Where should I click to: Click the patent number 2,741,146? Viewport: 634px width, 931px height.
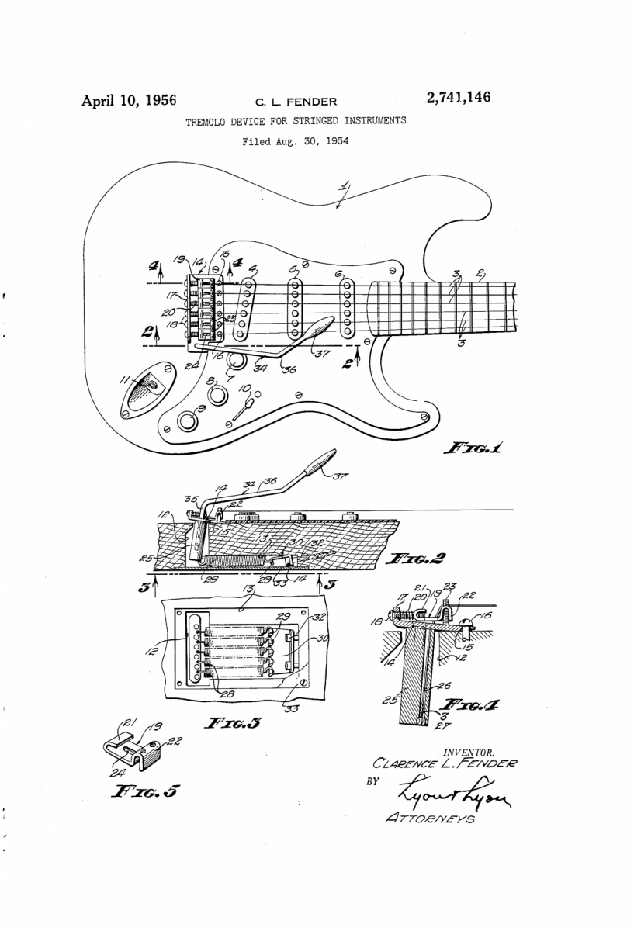(458, 98)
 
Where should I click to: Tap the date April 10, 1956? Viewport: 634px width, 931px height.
(130, 100)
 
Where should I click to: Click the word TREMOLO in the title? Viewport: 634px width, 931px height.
(208, 122)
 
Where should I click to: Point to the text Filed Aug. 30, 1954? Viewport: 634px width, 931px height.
(295, 142)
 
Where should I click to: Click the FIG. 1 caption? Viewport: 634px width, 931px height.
(473, 448)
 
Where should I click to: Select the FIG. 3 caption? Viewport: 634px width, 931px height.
(232, 724)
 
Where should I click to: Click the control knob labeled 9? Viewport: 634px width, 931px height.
(187, 421)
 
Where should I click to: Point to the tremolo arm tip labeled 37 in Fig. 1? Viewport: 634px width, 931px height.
(318, 331)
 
